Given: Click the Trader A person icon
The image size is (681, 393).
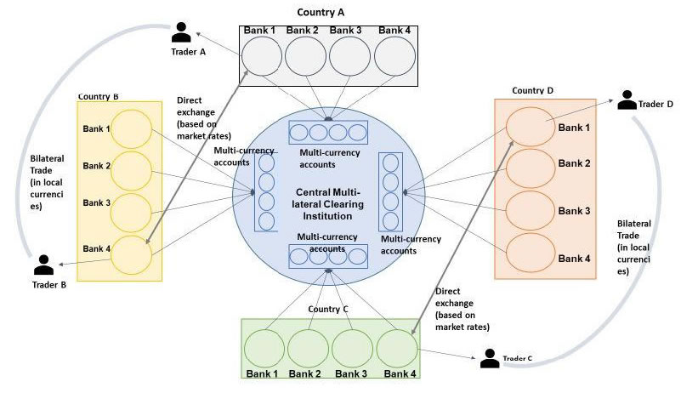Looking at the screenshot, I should [181, 31].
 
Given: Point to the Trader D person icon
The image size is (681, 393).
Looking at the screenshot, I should [627, 99].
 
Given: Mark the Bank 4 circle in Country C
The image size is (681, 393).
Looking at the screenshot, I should [397, 349].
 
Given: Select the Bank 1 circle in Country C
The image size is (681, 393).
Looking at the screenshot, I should [264, 349].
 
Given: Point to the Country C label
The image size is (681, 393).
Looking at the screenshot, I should [329, 309].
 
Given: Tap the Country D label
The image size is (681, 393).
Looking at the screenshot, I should [534, 90].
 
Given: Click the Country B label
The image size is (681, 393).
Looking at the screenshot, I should [98, 96].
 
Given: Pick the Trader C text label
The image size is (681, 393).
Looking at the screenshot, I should [518, 358].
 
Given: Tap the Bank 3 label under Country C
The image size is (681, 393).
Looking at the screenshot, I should [351, 375].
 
